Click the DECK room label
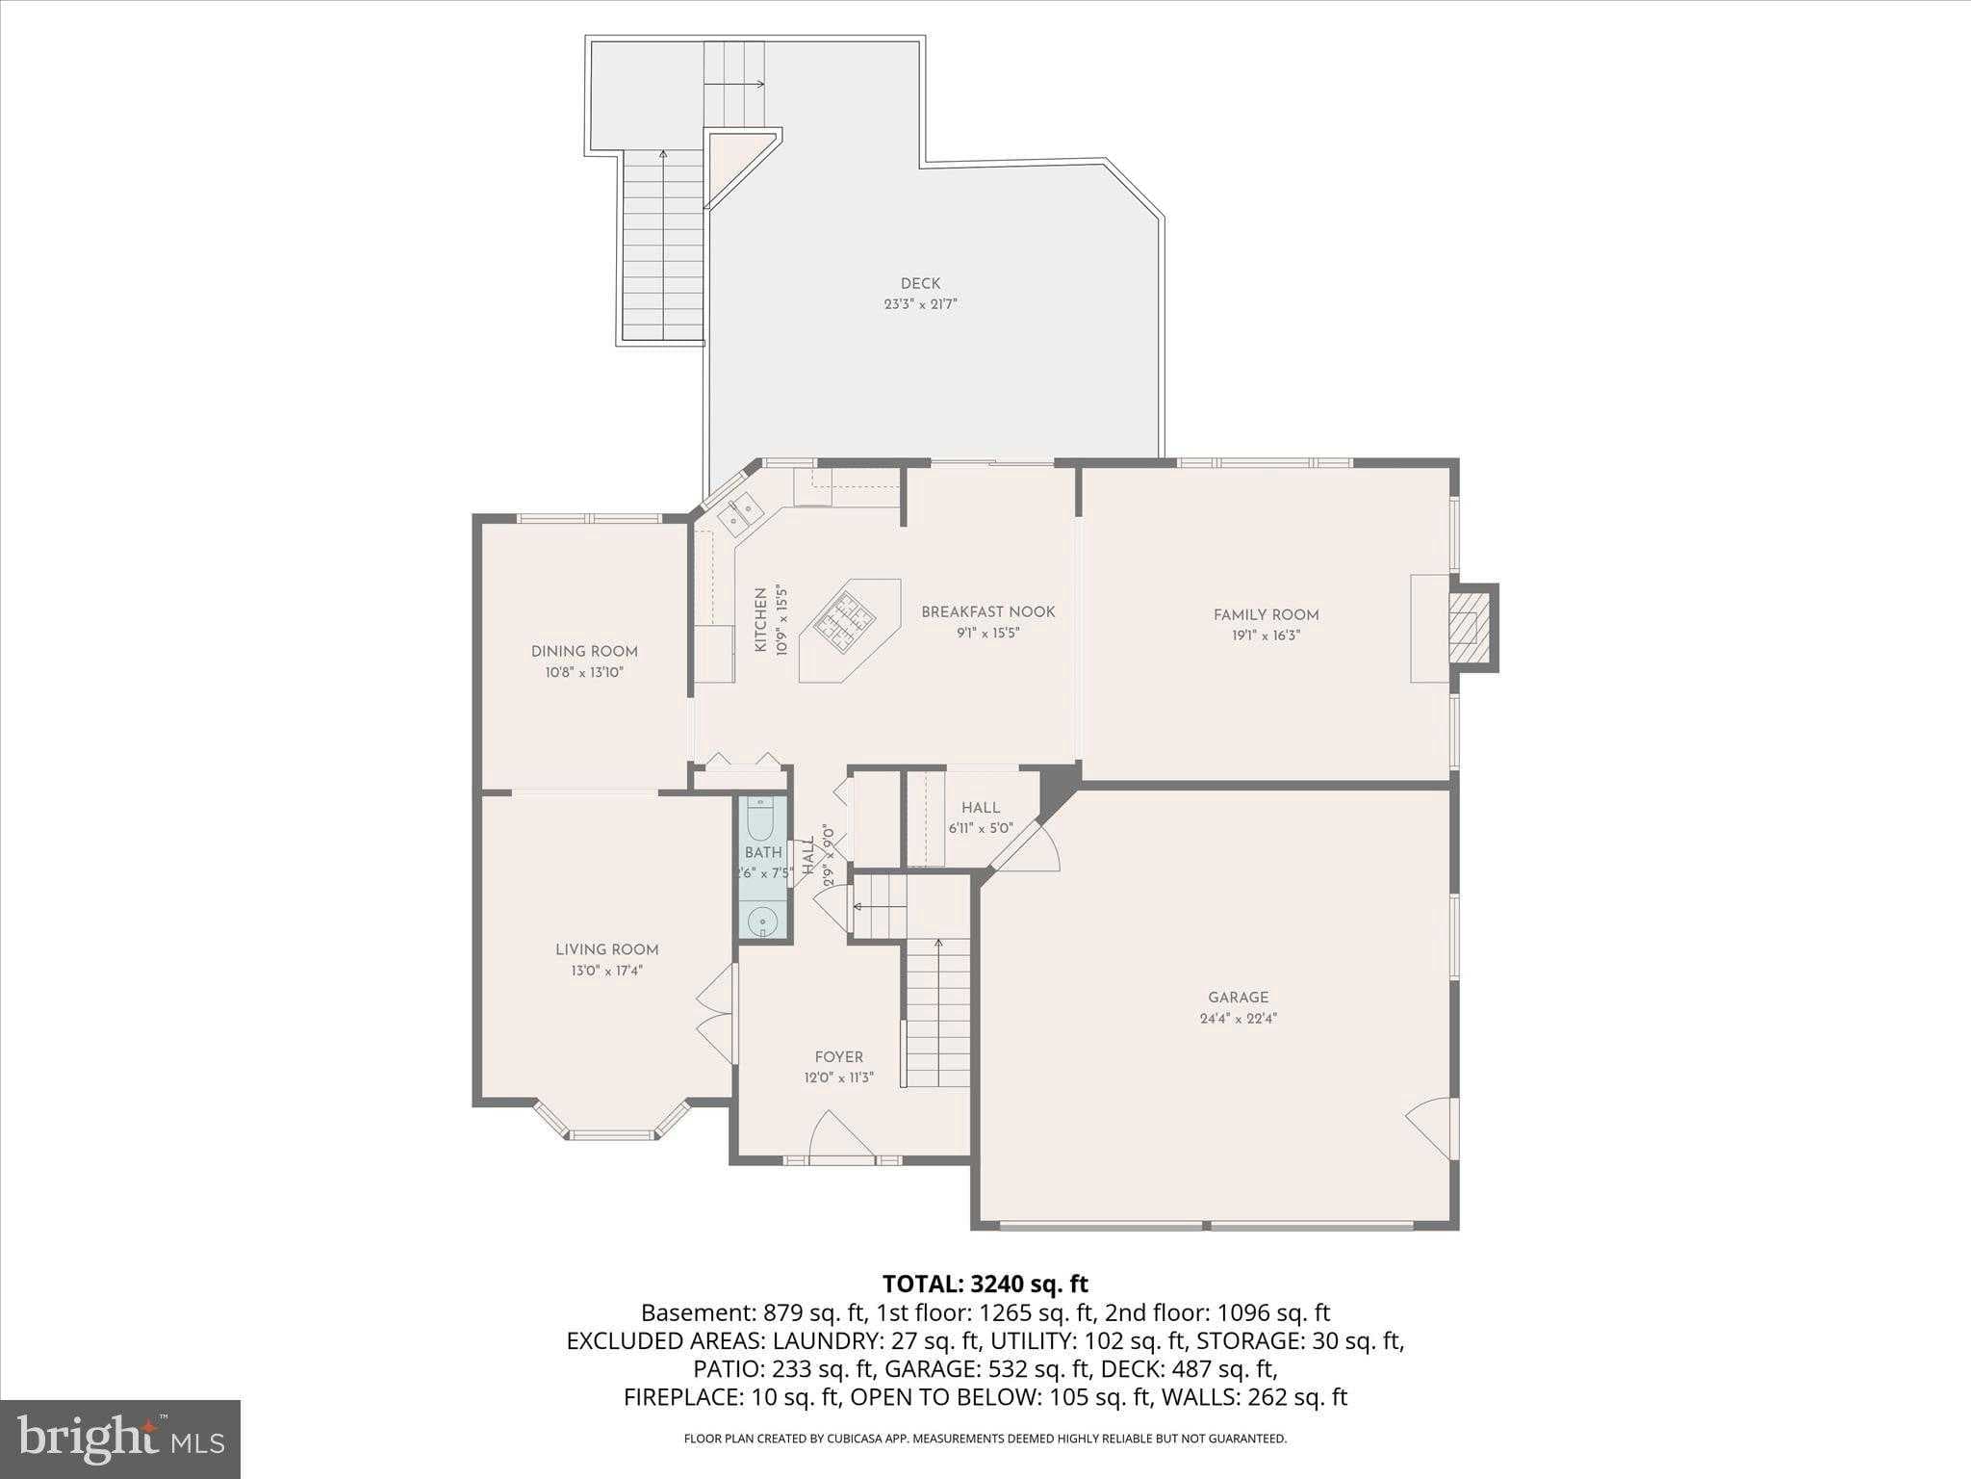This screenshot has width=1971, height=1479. [x=920, y=283]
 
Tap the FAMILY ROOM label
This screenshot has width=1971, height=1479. [x=1266, y=615]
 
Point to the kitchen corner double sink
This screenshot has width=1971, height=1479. [x=741, y=514]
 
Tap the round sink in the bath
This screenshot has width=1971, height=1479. [x=762, y=921]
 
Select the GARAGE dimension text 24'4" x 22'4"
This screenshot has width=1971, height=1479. [x=1238, y=1018]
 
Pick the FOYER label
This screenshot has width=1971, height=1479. [x=839, y=1056]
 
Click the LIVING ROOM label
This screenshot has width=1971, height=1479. [x=606, y=949]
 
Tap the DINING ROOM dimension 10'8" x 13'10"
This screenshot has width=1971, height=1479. [x=584, y=672]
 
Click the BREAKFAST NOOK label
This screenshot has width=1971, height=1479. [x=987, y=611]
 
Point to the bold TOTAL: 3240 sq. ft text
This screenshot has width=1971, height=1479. [x=985, y=1284]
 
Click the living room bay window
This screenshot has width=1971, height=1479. [x=612, y=1132]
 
